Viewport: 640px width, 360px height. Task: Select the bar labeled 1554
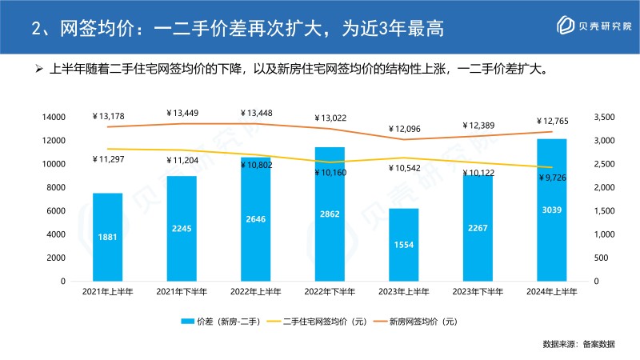point(403,245)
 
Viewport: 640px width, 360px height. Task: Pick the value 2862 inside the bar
point(330,216)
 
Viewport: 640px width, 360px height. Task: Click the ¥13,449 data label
point(182,113)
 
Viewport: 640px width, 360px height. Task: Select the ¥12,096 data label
point(403,129)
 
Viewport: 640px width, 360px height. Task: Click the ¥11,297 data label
point(108,159)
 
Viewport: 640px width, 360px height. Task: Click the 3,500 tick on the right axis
point(606,118)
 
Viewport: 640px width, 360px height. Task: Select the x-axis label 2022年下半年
point(330,293)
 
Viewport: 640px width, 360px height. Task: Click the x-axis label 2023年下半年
point(478,293)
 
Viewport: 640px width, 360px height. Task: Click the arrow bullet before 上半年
point(38,69)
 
